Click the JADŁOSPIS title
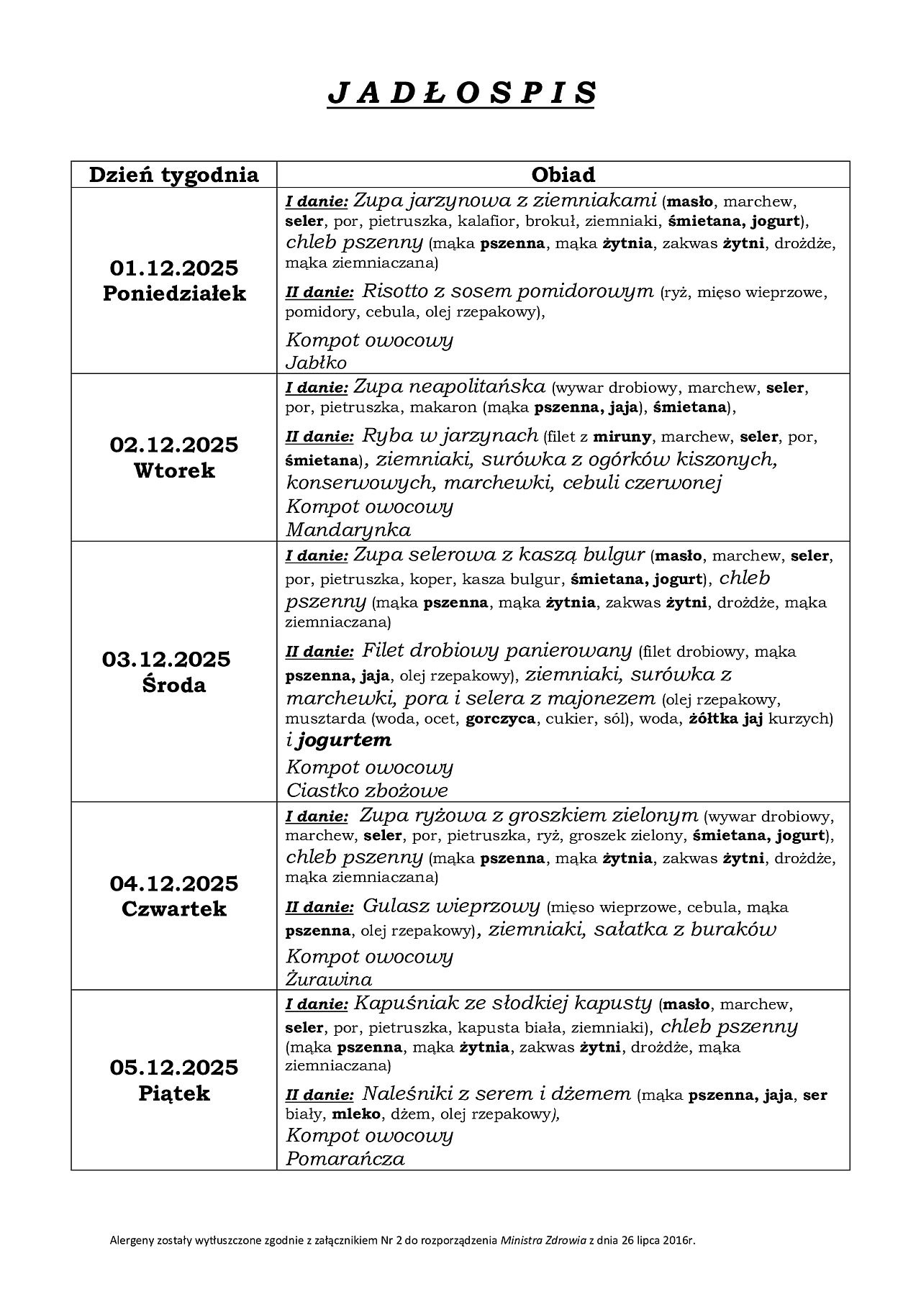(x=461, y=93)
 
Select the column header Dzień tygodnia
(x=173, y=175)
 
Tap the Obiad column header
(x=563, y=175)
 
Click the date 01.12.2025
(x=173, y=268)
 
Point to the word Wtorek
(x=173, y=470)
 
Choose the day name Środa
(x=173, y=685)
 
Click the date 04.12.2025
(x=173, y=883)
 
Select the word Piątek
(x=173, y=1093)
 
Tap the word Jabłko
(x=316, y=363)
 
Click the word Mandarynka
(x=348, y=530)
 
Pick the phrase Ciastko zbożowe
(x=367, y=791)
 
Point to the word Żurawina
(x=329, y=979)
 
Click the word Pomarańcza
(x=345, y=1159)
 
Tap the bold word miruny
(x=622, y=437)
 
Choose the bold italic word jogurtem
(x=344, y=739)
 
